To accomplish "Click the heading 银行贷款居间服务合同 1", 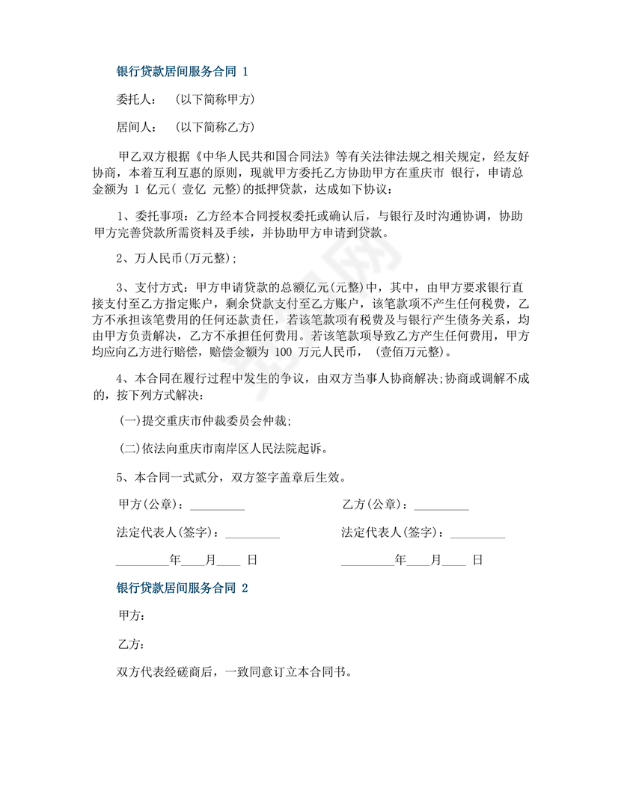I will click(181, 72).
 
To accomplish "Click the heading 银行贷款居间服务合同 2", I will click(181, 588).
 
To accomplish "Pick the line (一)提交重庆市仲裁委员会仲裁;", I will click(205, 422).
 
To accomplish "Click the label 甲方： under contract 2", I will click(132, 616).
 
